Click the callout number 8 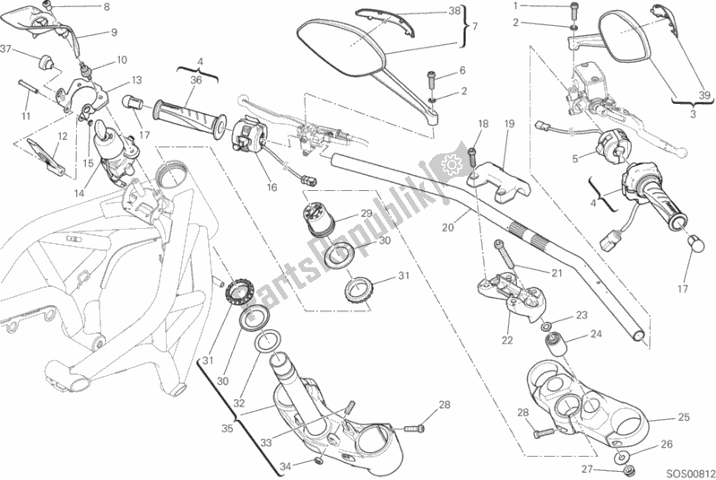point(106,7)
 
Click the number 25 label point(684,418)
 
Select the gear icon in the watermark point(450,164)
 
